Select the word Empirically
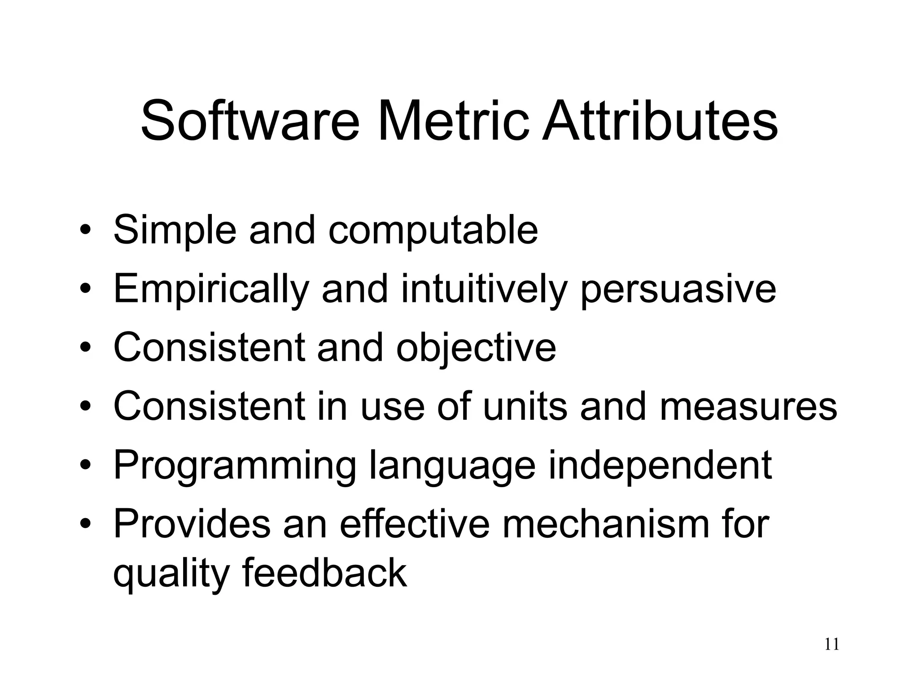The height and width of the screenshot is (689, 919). pos(211,290)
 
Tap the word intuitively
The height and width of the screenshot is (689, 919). pos(484,290)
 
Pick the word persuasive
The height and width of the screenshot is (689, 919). pos(678,290)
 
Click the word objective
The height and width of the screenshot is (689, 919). pos(476,349)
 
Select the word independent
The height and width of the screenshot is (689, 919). pos(660,465)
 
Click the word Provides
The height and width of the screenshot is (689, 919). pos(192,524)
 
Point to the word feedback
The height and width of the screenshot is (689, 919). pos(325,573)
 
